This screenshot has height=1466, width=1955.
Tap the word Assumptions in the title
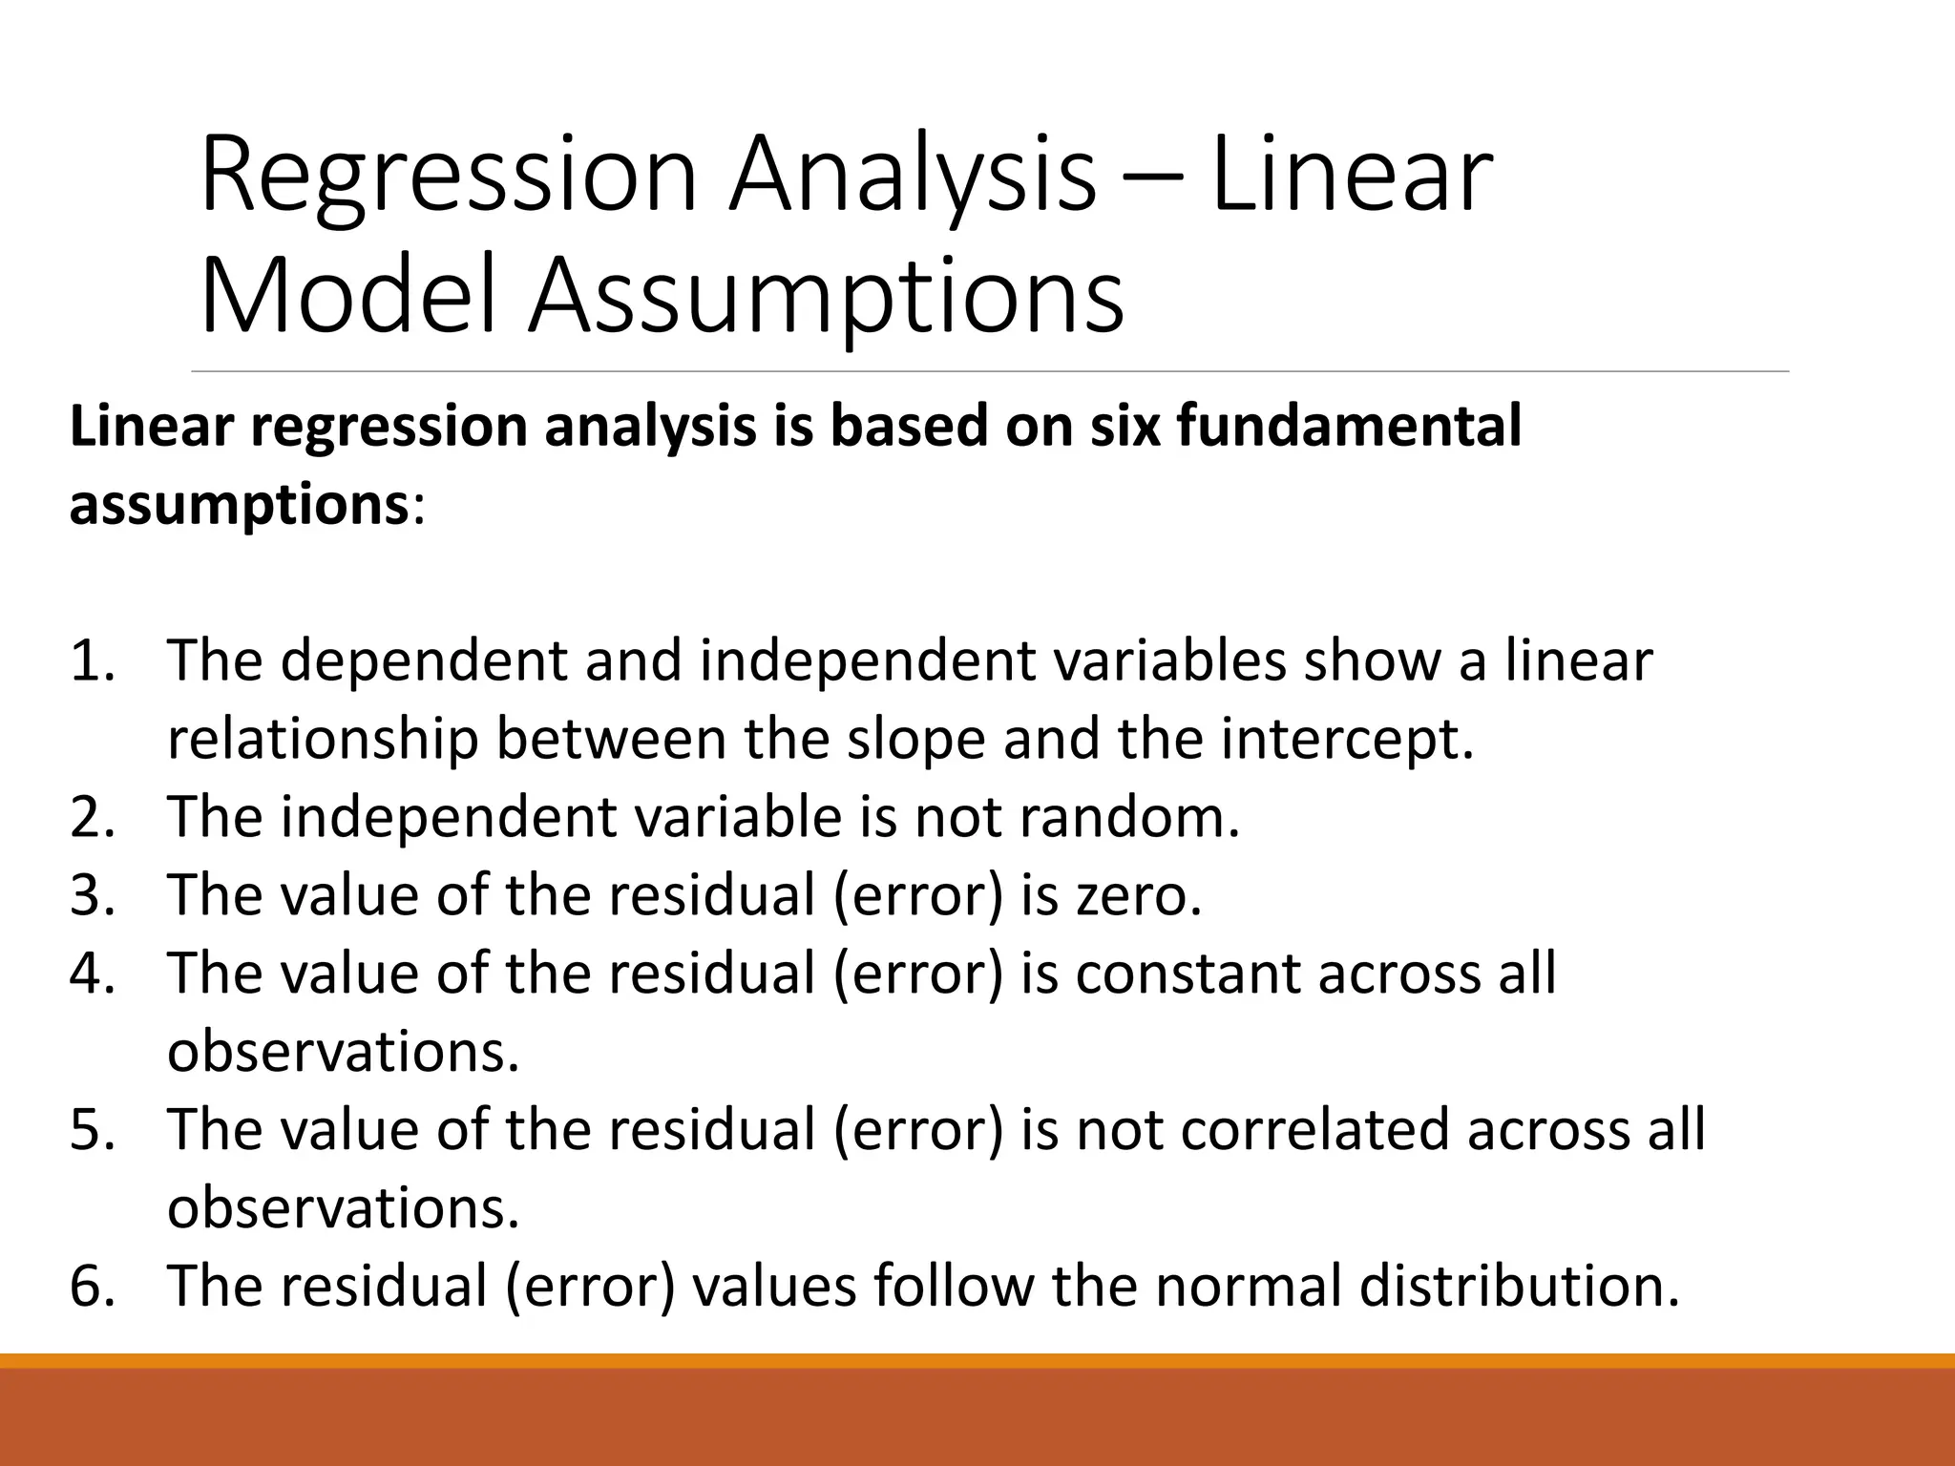coord(827,298)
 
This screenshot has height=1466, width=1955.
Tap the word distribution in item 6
coord(1518,1286)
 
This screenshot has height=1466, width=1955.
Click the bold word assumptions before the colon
coord(239,506)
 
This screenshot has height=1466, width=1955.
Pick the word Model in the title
coord(349,298)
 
